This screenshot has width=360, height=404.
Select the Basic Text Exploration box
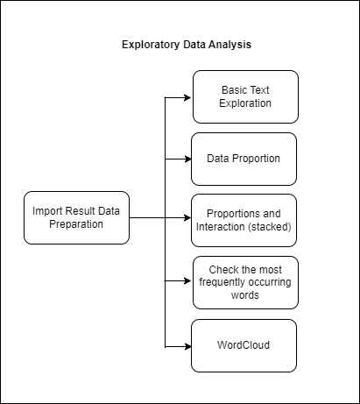click(x=244, y=96)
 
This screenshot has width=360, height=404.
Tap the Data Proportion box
click(x=244, y=159)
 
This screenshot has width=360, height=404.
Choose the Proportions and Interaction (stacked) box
click(x=244, y=220)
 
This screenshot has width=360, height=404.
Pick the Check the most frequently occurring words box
click(x=244, y=282)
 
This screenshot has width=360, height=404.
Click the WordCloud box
click(x=244, y=344)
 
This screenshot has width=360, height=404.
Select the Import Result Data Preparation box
click(x=77, y=217)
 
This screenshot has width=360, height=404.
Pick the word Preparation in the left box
click(x=77, y=224)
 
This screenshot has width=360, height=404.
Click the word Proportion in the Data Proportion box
click(x=258, y=159)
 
